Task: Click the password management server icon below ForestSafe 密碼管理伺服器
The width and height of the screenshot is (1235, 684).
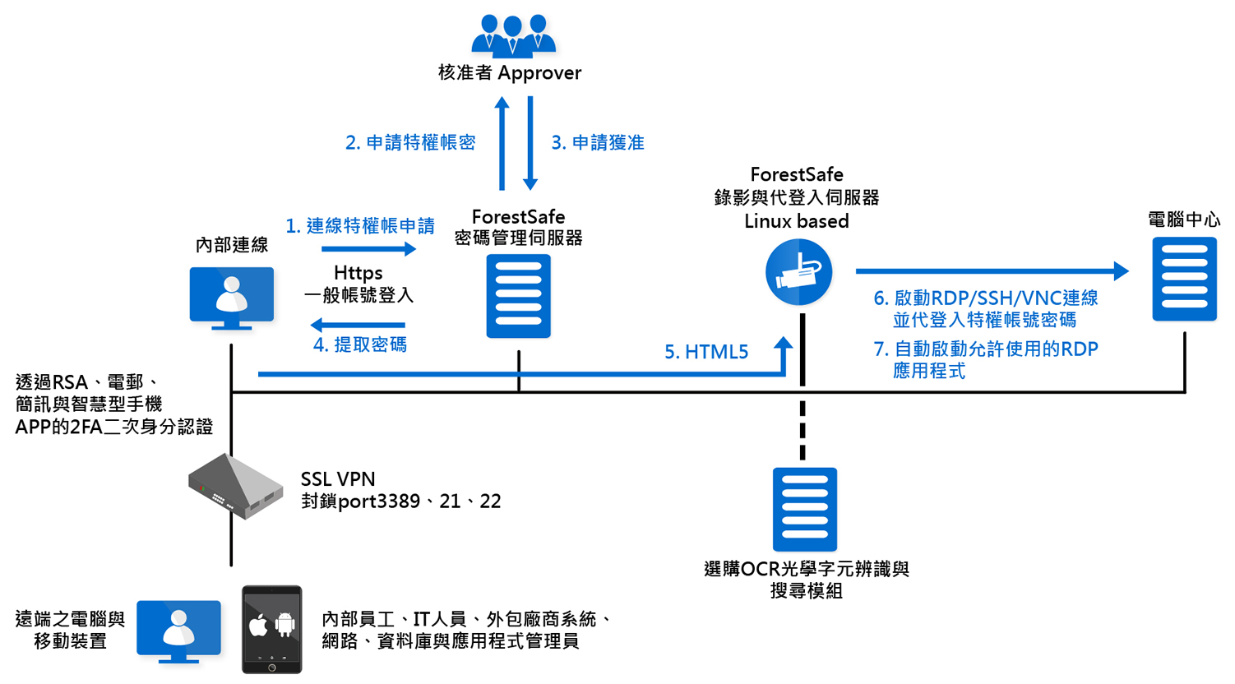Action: (518, 296)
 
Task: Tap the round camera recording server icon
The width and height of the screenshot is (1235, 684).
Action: (798, 272)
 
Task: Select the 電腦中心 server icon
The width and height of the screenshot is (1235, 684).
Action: (1184, 279)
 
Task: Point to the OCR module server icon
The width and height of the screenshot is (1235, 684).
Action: (804, 509)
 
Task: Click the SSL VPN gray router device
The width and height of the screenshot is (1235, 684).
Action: (235, 486)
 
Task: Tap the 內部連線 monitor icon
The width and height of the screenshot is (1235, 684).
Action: (232, 297)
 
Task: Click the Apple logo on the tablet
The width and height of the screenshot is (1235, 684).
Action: (258, 626)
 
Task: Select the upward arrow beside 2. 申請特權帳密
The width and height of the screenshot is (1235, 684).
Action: (502, 143)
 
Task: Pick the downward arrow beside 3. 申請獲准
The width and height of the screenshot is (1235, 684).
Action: (530, 143)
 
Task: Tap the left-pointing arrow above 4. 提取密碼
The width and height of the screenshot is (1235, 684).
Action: (358, 325)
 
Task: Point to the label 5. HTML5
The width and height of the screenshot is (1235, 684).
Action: (706, 352)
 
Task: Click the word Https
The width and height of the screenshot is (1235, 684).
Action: (358, 273)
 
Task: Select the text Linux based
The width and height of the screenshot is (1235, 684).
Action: (796, 221)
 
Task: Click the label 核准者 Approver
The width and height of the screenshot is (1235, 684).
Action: (510, 73)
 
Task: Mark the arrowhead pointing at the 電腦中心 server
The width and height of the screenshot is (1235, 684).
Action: (1121, 270)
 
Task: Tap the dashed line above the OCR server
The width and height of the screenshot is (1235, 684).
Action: (803, 430)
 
